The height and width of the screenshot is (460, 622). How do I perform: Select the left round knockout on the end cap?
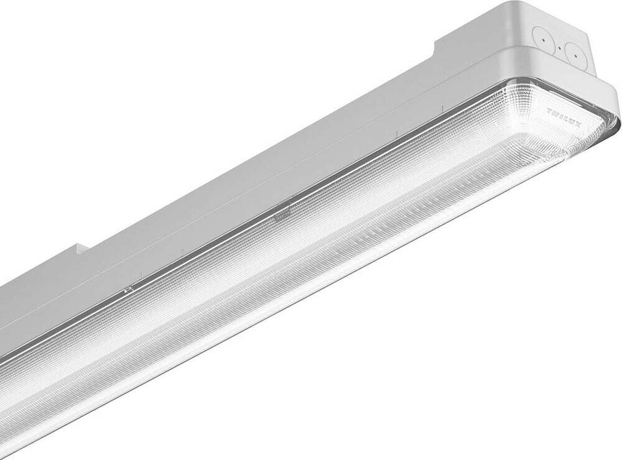pos(543,39)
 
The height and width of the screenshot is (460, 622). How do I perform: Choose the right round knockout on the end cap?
pos(576,58)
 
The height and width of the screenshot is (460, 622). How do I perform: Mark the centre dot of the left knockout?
pos(543,39)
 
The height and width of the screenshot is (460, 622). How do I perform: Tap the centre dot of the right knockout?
pos(576,58)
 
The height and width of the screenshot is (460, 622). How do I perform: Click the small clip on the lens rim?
pos(129,290)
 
